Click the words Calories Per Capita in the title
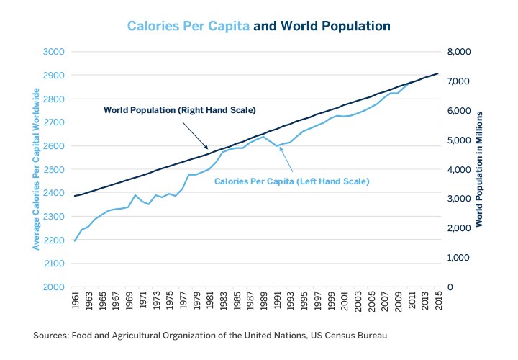pos(188,26)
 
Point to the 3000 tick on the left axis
pos(54,52)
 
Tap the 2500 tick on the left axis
pos(54,169)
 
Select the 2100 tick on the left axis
pos(54,264)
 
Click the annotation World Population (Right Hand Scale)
pos(180,110)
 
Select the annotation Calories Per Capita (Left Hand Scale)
pos(291,182)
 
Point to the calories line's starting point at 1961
pos(75,240)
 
